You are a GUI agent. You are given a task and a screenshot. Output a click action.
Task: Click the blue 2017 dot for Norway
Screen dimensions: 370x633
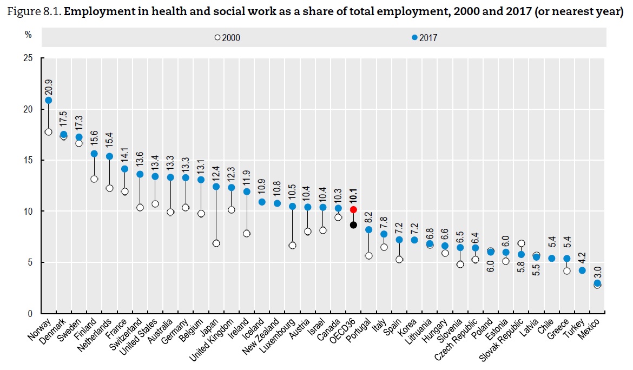pyautogui.click(x=49, y=100)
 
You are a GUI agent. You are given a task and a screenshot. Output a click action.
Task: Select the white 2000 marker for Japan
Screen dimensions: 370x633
pyautogui.click(x=216, y=243)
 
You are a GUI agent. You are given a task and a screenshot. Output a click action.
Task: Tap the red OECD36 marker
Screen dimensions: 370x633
pyautogui.click(x=353, y=209)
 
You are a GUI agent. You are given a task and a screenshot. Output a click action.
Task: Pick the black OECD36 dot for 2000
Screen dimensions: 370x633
pyautogui.click(x=353, y=225)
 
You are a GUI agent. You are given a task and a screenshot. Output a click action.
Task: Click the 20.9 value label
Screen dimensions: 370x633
pyautogui.click(x=49, y=85)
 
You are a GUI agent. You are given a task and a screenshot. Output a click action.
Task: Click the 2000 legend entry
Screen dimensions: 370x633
pyautogui.click(x=228, y=38)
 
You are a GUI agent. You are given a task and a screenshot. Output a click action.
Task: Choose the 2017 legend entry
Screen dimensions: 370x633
pyautogui.click(x=425, y=38)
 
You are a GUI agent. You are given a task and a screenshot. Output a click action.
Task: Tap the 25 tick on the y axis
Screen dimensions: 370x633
pyautogui.click(x=27, y=58)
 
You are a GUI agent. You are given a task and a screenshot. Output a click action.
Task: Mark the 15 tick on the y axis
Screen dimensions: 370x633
pyautogui.click(x=27, y=160)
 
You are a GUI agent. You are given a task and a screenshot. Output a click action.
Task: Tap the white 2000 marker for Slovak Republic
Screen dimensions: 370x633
pyautogui.click(x=522, y=244)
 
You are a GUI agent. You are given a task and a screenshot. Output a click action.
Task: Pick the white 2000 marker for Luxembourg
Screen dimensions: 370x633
pyautogui.click(x=293, y=246)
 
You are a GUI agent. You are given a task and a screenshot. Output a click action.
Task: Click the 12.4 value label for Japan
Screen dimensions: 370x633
pyautogui.click(x=216, y=173)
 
